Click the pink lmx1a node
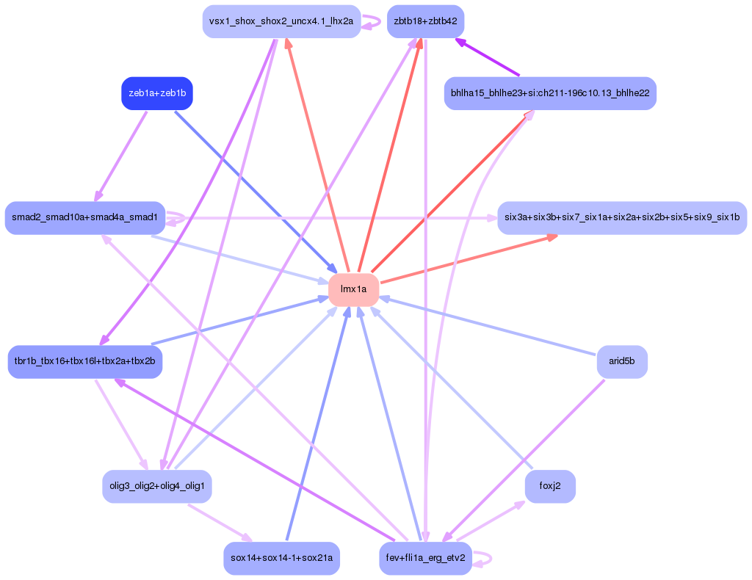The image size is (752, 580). pyautogui.click(x=353, y=289)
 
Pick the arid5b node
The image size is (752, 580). pyautogui.click(x=622, y=362)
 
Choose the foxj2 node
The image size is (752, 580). pyautogui.click(x=550, y=486)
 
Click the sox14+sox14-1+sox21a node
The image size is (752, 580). pyautogui.click(x=281, y=558)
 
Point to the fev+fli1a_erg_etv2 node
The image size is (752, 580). pyautogui.click(x=425, y=558)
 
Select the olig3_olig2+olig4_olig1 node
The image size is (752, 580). pyautogui.click(x=157, y=486)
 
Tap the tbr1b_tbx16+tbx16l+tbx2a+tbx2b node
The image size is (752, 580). pyautogui.click(x=84, y=362)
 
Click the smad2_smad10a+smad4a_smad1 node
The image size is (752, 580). pyautogui.click(x=84, y=217)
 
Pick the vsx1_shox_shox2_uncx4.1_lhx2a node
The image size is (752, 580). pyautogui.click(x=281, y=21)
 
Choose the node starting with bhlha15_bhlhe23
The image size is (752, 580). pyautogui.click(x=550, y=93)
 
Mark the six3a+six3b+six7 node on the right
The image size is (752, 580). pyautogui.click(x=622, y=217)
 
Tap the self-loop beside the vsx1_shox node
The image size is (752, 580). pyautogui.click(x=376, y=21)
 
